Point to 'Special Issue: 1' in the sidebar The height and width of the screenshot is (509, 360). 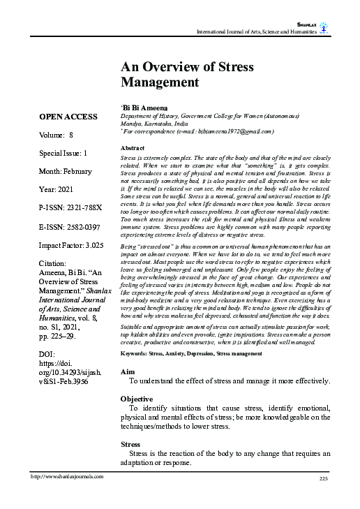click(x=63, y=152)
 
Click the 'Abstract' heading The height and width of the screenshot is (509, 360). click(x=133, y=149)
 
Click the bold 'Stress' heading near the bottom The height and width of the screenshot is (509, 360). click(x=130, y=443)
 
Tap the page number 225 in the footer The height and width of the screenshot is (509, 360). click(x=322, y=477)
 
